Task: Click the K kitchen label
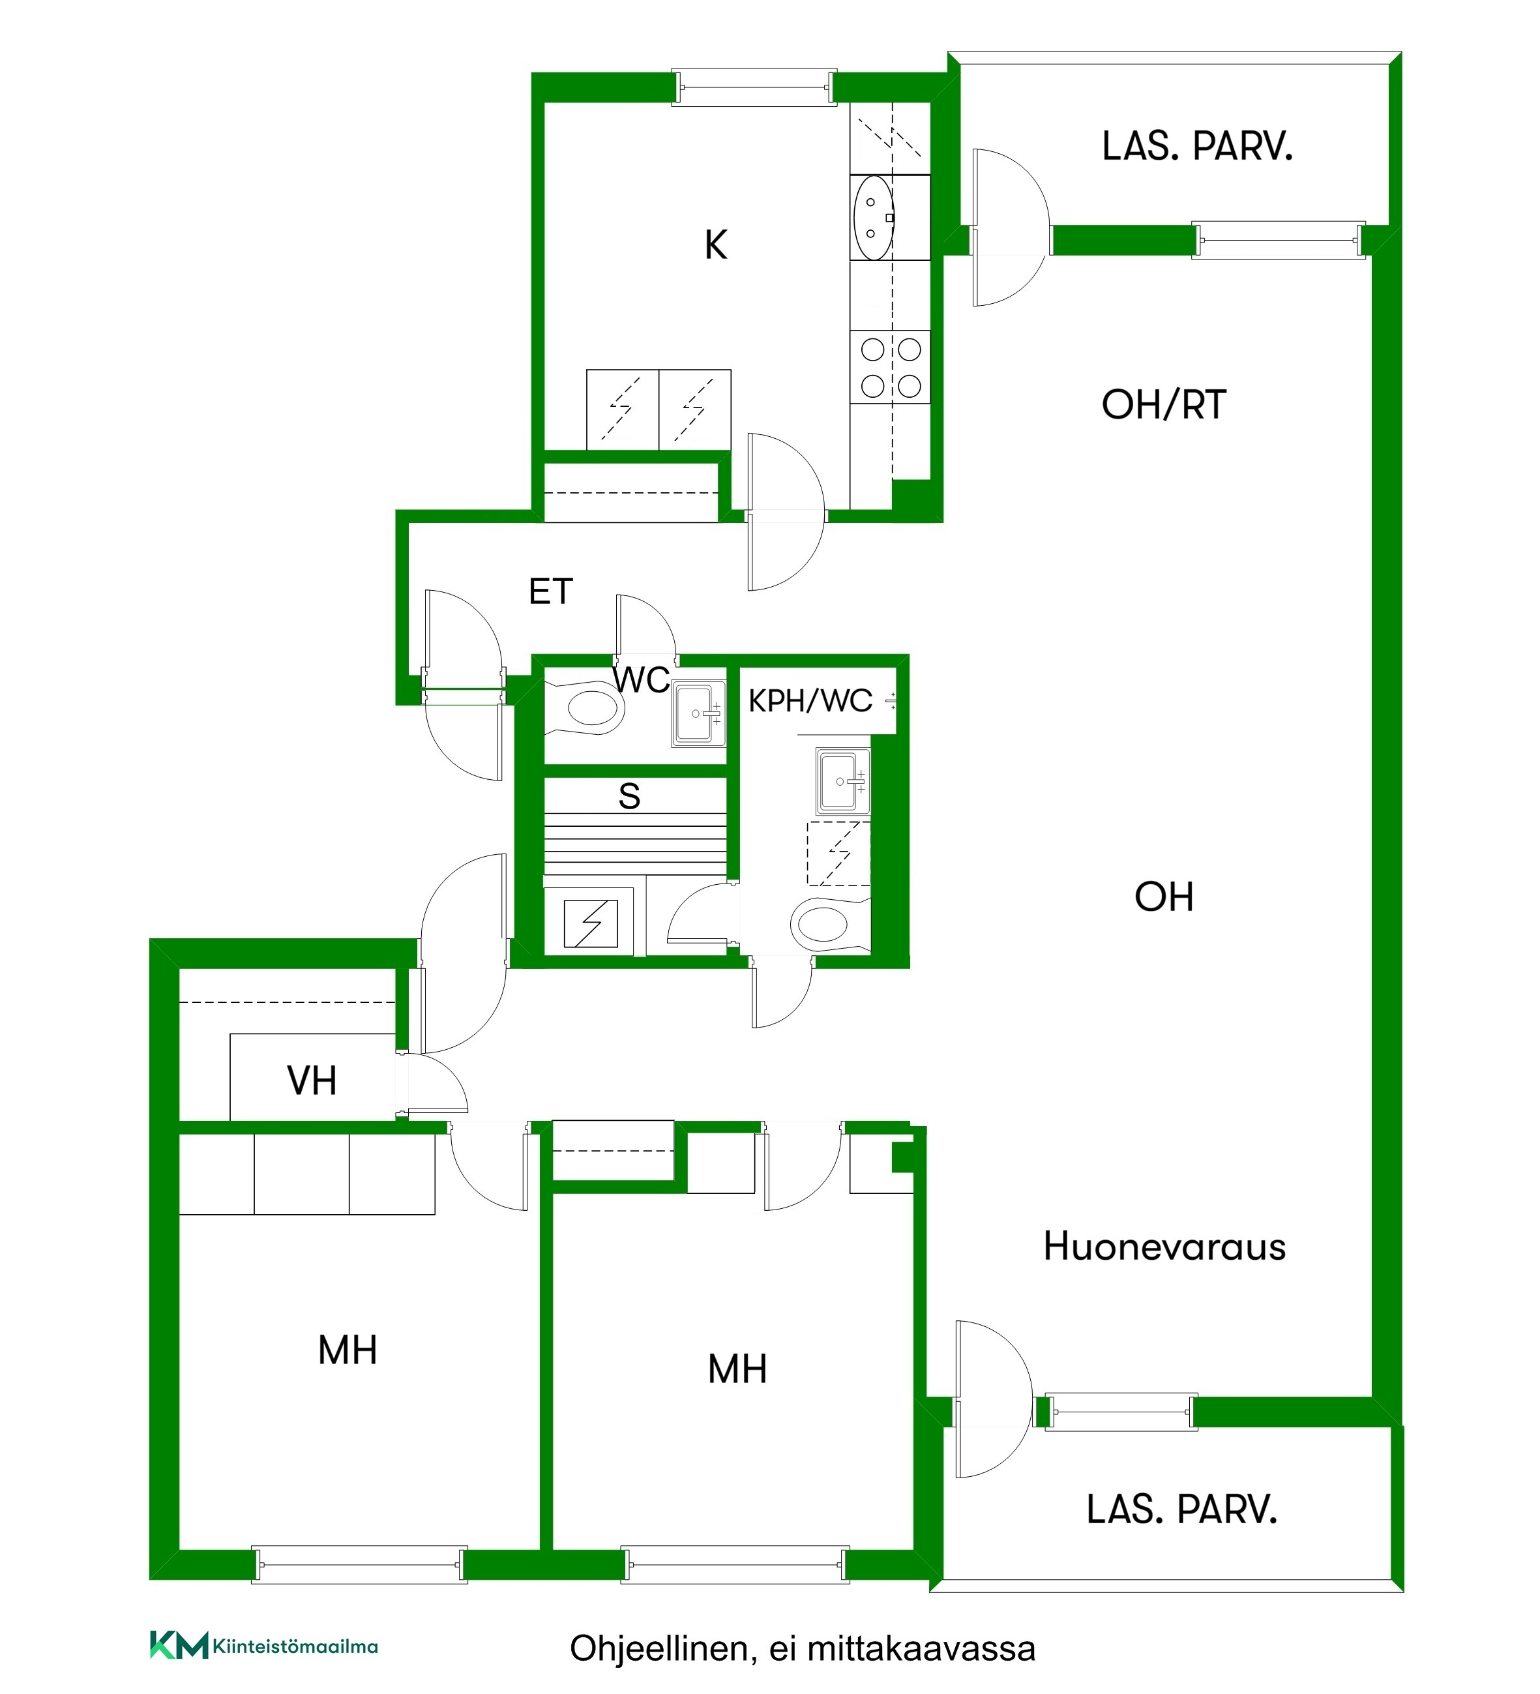[716, 245]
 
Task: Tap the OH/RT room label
[1164, 405]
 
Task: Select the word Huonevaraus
[1164, 1246]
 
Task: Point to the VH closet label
[312, 1080]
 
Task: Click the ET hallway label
[550, 591]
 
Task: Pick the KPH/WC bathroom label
[810, 701]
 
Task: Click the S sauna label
[629, 795]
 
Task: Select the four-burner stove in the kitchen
[891, 367]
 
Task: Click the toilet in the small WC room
[585, 707]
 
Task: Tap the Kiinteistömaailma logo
[264, 1645]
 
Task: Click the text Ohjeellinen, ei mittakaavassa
[803, 1648]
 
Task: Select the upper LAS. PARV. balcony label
[1197, 147]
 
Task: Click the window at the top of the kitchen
[754, 87]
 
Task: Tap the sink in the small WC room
[698, 713]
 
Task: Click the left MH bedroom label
[348, 1350]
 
